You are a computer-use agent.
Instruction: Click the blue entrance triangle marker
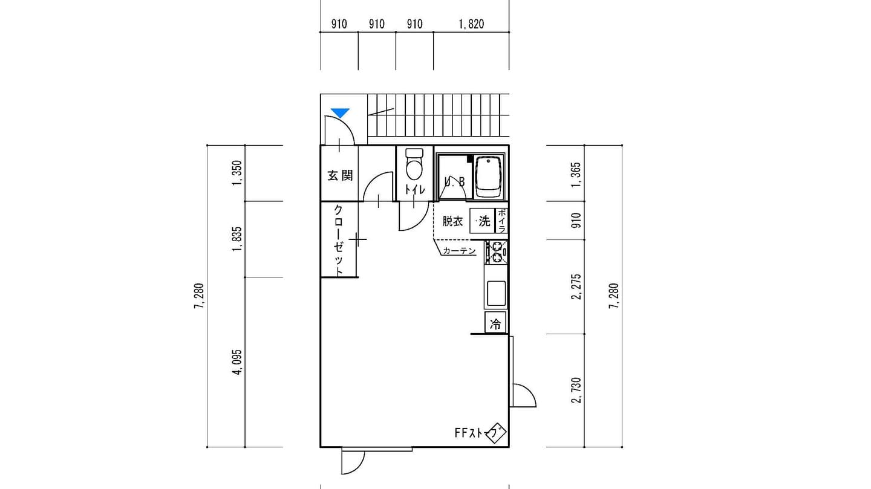[340, 113]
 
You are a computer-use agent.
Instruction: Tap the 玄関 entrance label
[340, 176]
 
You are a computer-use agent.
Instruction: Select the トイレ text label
[415, 190]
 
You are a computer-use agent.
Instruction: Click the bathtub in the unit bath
[488, 178]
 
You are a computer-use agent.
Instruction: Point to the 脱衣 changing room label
[452, 222]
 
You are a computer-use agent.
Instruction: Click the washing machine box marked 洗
[482, 221]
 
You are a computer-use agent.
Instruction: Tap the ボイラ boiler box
[501, 221]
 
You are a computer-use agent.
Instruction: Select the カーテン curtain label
[460, 251]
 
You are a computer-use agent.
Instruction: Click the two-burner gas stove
[496, 252]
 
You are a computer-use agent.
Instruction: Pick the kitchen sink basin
[496, 293]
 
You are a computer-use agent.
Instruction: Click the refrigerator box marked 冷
[495, 323]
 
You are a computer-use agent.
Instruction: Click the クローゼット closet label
[339, 240]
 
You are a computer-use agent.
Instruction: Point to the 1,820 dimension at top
[471, 25]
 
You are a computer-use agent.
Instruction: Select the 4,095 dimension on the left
[237, 362]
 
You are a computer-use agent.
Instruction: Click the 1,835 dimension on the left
[237, 239]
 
